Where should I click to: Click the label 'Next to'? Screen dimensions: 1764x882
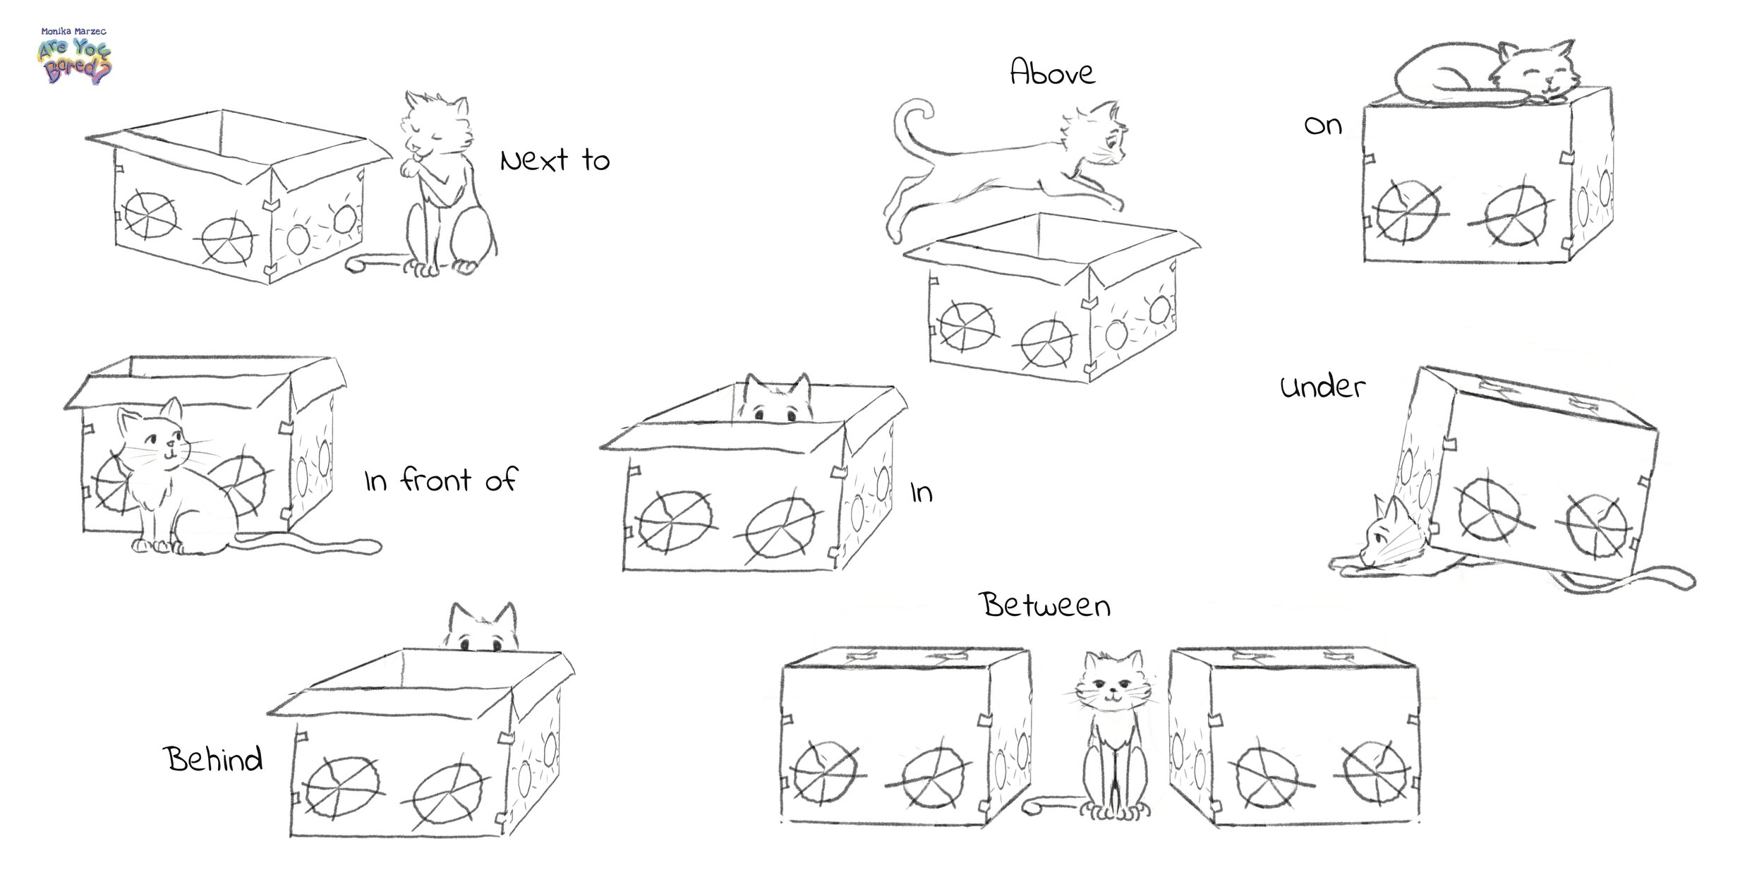coord(555,161)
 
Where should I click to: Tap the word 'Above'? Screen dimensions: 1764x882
coord(1053,72)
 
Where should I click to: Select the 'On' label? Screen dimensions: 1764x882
coord(1322,126)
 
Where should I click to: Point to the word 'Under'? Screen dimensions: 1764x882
coord(1323,387)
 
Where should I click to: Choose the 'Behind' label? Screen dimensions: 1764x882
coord(214,759)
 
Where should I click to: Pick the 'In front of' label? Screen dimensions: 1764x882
coord(440,481)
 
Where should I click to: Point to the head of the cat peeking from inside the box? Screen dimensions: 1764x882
coord(779,399)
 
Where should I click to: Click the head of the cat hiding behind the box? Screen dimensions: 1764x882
coord(482,627)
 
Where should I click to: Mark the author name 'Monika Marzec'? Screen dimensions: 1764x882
coord(73,32)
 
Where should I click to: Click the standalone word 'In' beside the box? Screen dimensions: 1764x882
coord(922,492)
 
